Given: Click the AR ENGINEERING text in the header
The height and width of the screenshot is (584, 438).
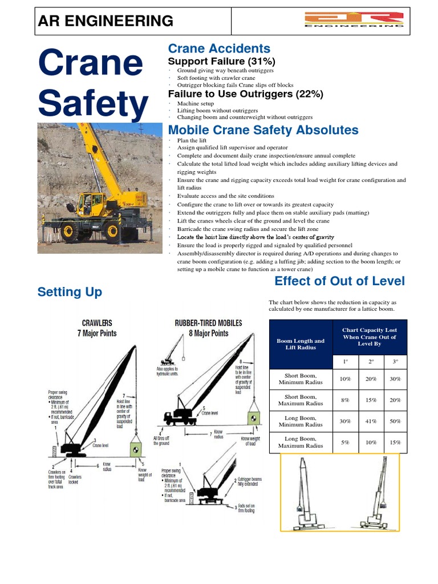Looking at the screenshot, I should [105, 21].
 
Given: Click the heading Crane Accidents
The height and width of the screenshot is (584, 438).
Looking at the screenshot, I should [218, 49].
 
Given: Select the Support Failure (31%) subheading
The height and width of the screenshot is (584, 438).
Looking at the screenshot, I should [221, 61].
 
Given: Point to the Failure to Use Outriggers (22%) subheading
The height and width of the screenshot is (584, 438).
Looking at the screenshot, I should [245, 94].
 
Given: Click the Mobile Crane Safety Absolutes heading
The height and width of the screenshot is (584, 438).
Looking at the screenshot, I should [263, 130].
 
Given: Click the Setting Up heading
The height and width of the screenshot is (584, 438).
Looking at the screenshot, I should [70, 292].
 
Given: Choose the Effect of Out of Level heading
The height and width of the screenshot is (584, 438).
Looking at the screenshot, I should [339, 281].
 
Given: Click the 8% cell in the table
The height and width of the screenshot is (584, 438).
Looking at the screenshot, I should [344, 400].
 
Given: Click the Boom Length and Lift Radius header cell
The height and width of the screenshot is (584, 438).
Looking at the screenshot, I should [300, 344].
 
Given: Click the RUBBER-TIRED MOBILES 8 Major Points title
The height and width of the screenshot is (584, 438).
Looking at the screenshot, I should [208, 328].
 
